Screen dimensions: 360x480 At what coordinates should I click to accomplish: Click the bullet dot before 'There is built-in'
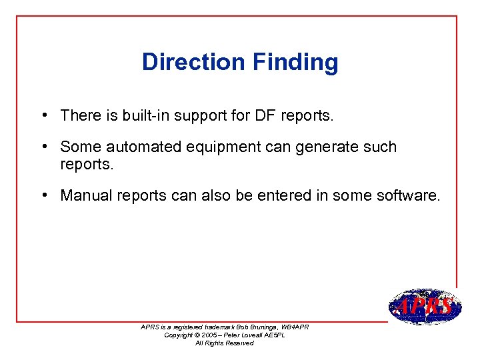(43, 115)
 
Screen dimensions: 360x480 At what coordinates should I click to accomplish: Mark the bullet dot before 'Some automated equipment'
(43, 146)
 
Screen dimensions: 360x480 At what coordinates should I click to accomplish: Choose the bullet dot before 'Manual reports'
(43, 195)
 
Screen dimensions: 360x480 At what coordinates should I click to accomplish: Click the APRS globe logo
(424, 307)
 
